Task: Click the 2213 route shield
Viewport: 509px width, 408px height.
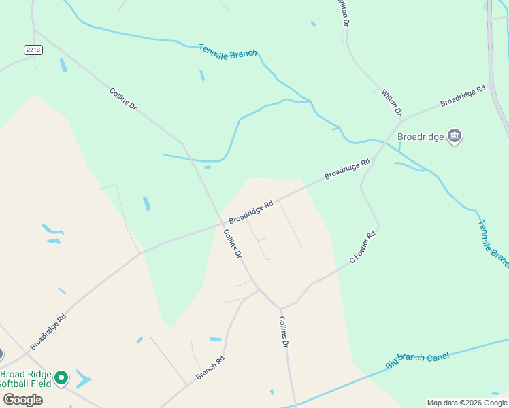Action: click(33, 49)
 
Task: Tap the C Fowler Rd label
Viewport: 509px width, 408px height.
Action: click(363, 248)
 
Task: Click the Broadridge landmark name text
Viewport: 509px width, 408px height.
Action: click(420, 137)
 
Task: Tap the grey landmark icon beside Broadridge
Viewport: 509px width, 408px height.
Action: click(455, 137)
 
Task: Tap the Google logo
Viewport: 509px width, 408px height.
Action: click(22, 399)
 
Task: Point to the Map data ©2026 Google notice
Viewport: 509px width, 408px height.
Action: click(467, 403)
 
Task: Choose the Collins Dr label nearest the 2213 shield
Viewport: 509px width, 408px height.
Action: click(123, 99)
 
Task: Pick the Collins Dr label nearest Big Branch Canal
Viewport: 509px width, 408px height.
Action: click(284, 332)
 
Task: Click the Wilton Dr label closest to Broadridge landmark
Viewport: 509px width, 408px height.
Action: click(391, 103)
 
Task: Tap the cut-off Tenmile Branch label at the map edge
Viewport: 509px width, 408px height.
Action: click(493, 241)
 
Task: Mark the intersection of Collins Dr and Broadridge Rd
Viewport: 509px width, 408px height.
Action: click(222, 222)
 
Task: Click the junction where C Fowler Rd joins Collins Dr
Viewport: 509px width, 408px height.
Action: click(280, 308)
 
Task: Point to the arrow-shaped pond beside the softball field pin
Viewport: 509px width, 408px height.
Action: click(83, 378)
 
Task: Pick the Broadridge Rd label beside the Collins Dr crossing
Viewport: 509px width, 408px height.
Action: click(251, 212)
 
